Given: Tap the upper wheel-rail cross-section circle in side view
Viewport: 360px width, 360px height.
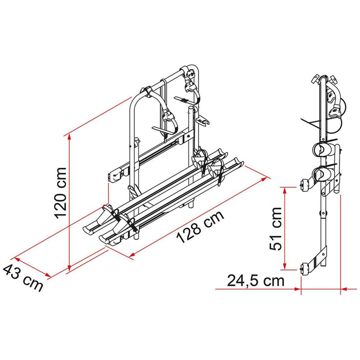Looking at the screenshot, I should click(323, 149).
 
